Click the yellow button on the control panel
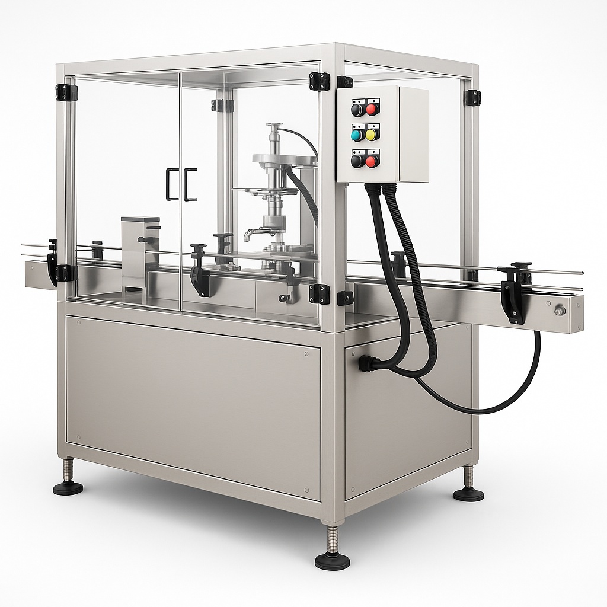click(372, 135)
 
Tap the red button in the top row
click(372, 109)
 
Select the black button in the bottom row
click(357, 161)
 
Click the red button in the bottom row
click(372, 161)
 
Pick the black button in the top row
click(357, 109)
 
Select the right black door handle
click(191, 184)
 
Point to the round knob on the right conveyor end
click(559, 310)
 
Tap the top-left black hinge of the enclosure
click(66, 92)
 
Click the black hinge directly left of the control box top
click(320, 81)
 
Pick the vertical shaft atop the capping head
click(273, 138)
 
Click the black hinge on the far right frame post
click(473, 98)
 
